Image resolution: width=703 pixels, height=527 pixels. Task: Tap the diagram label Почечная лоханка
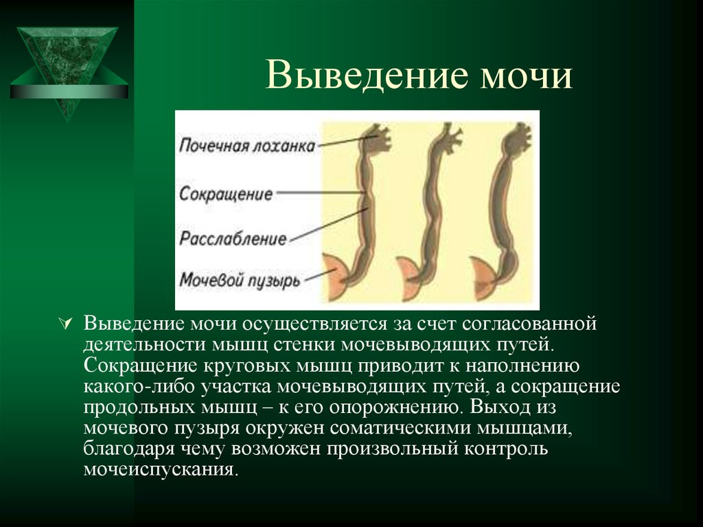[248, 146]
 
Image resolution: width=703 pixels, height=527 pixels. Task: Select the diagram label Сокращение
[227, 193]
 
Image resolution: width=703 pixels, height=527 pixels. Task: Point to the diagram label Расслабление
[233, 238]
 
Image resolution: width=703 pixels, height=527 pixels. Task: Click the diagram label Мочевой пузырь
[240, 280]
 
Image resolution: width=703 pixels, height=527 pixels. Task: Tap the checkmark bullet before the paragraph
[67, 322]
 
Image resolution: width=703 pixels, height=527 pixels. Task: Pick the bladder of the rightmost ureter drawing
[483, 276]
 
